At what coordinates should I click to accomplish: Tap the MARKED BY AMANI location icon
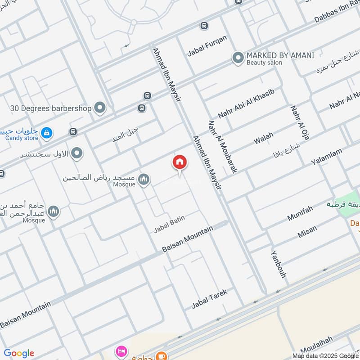pos(237,58)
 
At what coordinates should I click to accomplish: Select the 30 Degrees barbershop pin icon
pos(100,108)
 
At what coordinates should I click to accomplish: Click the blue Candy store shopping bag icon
pos(46,133)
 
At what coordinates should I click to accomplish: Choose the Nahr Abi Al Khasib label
pos(246,104)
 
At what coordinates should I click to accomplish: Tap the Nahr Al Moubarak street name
pos(222,146)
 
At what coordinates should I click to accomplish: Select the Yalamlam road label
pos(326,156)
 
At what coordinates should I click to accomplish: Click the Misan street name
pos(307,232)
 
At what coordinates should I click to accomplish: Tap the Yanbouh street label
pos(278,264)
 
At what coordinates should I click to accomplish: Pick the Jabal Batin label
pos(169,224)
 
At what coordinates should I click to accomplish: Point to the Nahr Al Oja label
pos(299,122)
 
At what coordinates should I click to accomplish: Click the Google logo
pos(19,353)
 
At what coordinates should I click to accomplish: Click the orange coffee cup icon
pos(160,356)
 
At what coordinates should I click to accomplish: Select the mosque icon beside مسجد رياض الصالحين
pos(144,180)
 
